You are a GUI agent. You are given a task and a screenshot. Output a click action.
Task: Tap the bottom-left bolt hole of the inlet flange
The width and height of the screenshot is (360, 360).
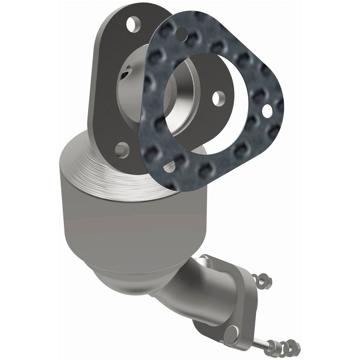tap(122, 149)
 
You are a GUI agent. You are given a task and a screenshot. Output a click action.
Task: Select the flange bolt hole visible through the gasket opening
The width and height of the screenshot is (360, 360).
tap(217, 98)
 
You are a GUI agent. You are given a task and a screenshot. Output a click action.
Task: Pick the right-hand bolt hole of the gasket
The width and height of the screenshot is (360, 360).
tap(267, 111)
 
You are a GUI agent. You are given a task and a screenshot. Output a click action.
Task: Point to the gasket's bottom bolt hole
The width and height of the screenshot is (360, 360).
tap(169, 167)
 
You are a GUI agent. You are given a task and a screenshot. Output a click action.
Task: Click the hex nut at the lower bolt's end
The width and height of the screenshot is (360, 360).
tap(294, 347)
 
